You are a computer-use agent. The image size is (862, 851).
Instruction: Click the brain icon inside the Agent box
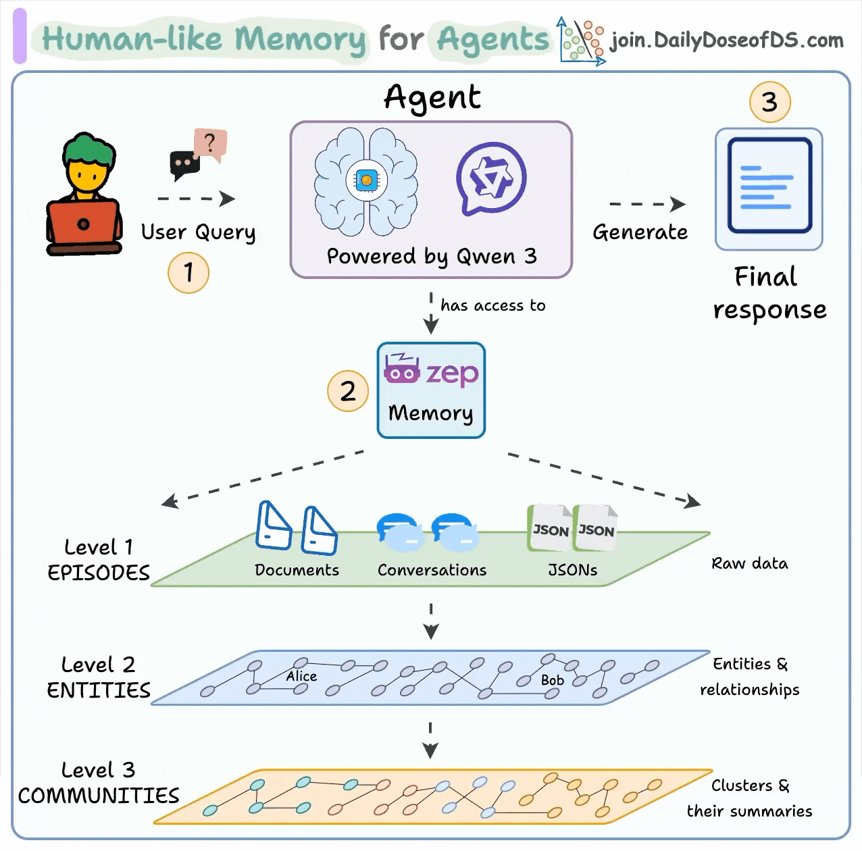point(365,181)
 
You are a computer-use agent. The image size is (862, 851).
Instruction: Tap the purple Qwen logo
point(491,178)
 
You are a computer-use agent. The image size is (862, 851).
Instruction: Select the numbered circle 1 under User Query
point(188,273)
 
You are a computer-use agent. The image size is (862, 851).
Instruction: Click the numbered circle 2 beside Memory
point(347,391)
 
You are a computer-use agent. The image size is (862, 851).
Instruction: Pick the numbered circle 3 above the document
point(769,102)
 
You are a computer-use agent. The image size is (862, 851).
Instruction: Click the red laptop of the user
point(84,224)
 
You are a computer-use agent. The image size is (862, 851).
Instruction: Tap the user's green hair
point(88,149)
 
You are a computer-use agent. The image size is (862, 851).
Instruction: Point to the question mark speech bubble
point(210,143)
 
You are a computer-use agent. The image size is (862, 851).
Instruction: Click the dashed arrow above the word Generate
point(646,204)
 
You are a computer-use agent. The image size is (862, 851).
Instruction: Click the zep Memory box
point(431,390)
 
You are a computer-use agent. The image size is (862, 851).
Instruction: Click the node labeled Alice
point(301,676)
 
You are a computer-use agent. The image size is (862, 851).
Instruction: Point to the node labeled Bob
point(552,680)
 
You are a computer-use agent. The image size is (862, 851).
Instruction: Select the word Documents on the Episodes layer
point(297,570)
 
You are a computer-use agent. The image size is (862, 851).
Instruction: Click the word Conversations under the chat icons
point(432,570)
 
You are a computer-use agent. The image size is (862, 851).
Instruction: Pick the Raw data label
point(749,563)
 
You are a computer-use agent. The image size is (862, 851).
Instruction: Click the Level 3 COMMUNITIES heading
point(99,783)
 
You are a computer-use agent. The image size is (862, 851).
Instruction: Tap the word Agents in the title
point(493,39)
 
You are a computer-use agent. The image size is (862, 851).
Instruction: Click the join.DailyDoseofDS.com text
point(727,41)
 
